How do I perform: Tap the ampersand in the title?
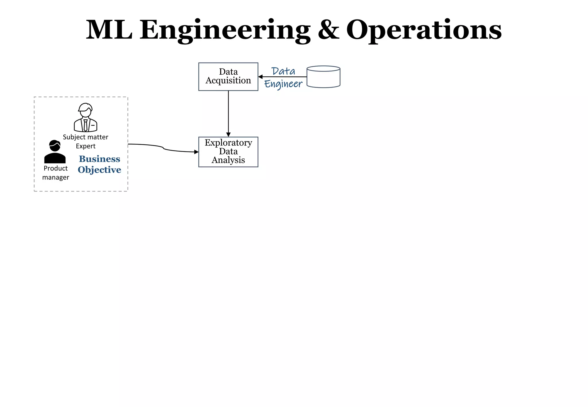(328, 30)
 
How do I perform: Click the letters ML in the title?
(109, 30)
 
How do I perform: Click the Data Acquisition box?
(228, 76)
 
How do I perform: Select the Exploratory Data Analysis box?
(228, 152)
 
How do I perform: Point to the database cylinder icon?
(323, 77)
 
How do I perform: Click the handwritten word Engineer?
(283, 84)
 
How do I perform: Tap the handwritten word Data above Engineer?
(283, 71)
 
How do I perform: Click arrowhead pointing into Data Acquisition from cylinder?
(260, 77)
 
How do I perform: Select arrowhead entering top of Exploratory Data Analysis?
(228, 135)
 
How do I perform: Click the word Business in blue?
(100, 159)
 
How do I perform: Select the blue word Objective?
(100, 170)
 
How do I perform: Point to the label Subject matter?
(86, 137)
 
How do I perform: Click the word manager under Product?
(56, 177)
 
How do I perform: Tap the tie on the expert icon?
(85, 126)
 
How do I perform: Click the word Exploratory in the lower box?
(228, 143)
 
